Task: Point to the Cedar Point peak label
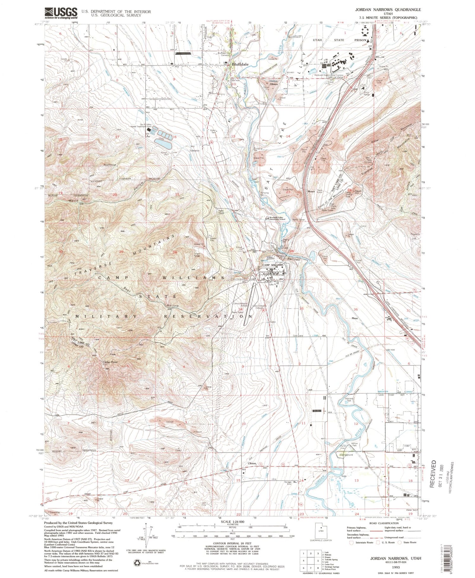(109, 362)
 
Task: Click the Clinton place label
(252, 463)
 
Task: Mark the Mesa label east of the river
(354, 318)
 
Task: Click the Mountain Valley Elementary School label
(277, 218)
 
